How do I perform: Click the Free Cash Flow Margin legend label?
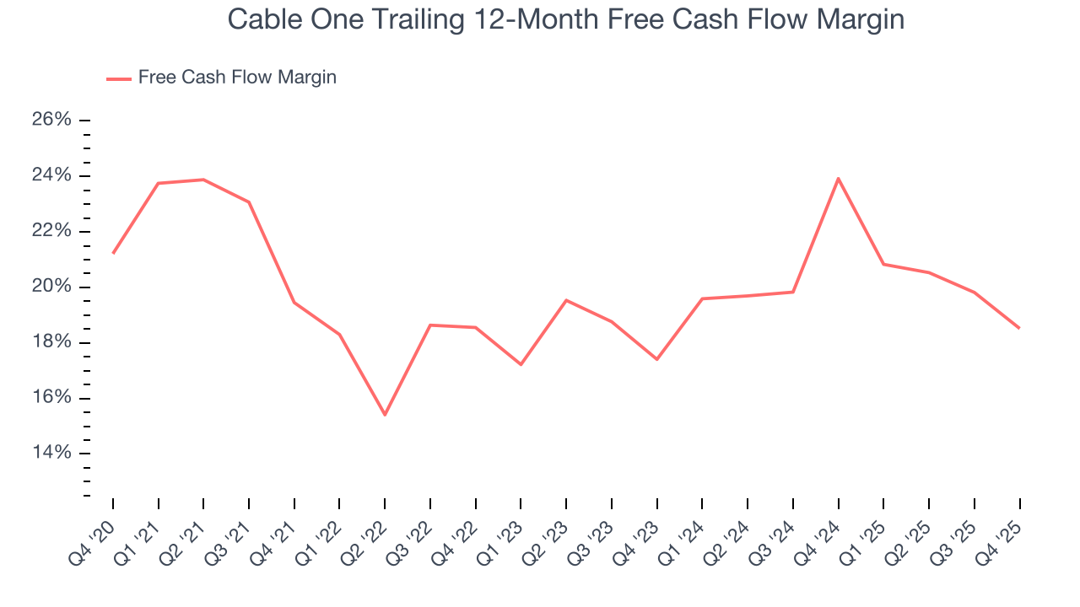point(237,78)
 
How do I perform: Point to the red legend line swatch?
point(118,78)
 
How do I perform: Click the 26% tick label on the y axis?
point(51,120)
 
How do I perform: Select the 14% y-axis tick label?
point(51,454)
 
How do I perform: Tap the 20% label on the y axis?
point(51,287)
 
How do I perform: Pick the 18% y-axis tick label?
point(51,342)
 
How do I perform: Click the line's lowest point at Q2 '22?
point(385,415)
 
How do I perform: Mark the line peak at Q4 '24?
point(838,178)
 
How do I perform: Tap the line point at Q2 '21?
point(203,180)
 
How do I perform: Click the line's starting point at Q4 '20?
point(113,253)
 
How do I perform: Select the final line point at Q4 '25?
point(1019,328)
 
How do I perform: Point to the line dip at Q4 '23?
point(656,359)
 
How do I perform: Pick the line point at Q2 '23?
point(566,300)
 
